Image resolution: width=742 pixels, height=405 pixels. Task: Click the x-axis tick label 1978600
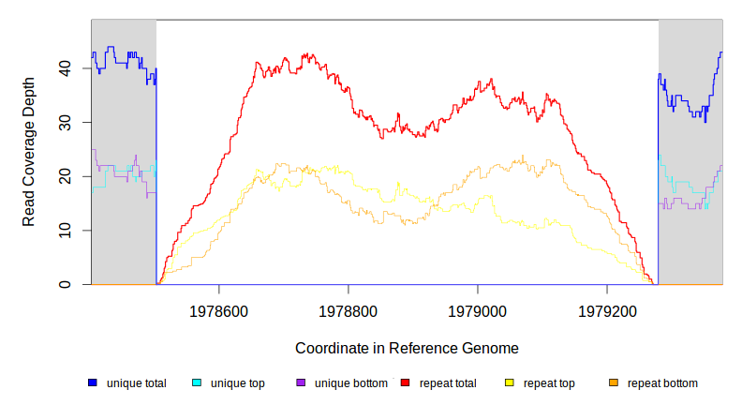click(219, 309)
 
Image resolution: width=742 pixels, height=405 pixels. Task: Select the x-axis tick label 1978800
click(349, 309)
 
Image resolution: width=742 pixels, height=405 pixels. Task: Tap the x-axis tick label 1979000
click(478, 309)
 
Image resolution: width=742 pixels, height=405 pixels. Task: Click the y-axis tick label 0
click(65, 284)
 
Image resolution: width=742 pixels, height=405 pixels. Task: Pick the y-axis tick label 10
click(65, 231)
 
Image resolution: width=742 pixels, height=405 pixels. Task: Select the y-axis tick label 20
click(65, 176)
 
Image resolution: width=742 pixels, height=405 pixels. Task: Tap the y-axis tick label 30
click(65, 123)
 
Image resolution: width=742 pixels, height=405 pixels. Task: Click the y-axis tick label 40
click(65, 68)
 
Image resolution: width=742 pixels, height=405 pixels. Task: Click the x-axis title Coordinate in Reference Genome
click(407, 348)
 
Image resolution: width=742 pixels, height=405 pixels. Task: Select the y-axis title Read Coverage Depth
click(29, 151)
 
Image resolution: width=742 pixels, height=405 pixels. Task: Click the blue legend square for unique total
click(93, 382)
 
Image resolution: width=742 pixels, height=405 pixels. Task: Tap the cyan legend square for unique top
click(197, 382)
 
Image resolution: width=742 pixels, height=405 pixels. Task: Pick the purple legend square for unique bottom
click(301, 382)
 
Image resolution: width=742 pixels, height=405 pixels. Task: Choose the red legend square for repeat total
click(405, 382)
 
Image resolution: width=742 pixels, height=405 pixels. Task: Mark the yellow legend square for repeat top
click(510, 382)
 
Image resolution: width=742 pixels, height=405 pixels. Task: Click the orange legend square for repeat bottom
click(614, 382)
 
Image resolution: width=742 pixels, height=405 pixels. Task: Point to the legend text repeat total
click(448, 382)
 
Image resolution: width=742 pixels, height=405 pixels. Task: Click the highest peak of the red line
click(305, 54)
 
